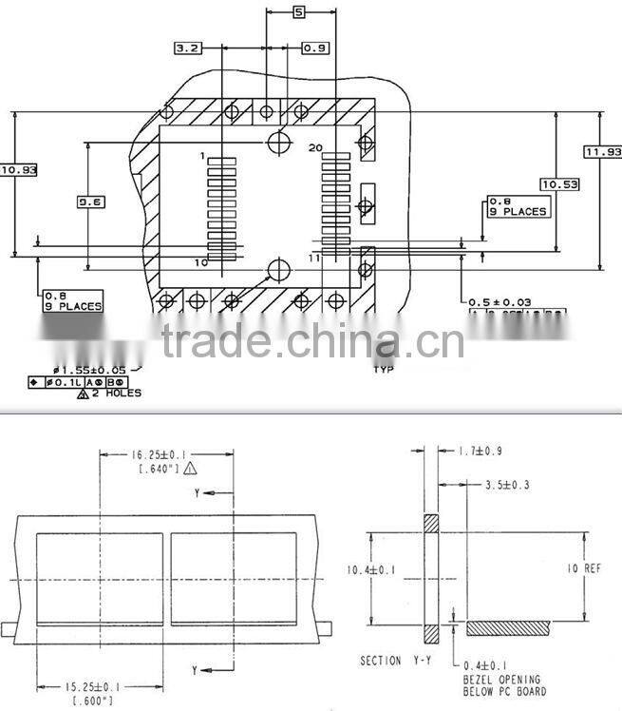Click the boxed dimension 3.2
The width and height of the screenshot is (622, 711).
pyautogui.click(x=188, y=48)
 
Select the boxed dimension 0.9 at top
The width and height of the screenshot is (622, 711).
pyautogui.click(x=315, y=48)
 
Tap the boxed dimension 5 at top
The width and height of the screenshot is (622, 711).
pyautogui.click(x=299, y=12)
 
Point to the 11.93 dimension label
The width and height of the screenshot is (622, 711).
pyautogui.click(x=603, y=152)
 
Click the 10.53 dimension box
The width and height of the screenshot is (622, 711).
pyautogui.click(x=559, y=183)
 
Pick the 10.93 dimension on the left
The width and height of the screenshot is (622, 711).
pyautogui.click(x=18, y=170)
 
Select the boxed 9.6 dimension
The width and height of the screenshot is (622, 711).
pyautogui.click(x=91, y=202)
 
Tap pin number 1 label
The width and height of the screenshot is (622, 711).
pyautogui.click(x=202, y=154)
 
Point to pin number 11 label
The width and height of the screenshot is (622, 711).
pyautogui.click(x=315, y=258)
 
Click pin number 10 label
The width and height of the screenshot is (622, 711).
pyautogui.click(x=200, y=261)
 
